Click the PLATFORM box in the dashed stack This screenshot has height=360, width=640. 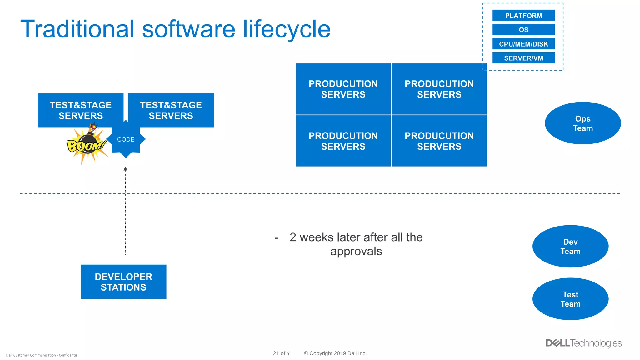click(523, 16)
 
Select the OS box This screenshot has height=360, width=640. click(523, 30)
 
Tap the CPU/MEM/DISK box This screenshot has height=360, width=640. click(523, 44)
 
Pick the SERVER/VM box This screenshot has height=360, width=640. click(523, 58)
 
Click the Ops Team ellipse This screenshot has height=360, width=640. click(582, 123)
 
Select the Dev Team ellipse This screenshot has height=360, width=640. click(570, 246)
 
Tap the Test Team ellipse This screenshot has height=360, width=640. click(570, 299)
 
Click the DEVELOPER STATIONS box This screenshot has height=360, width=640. click(123, 282)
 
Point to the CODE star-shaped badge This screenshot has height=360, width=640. click(126, 139)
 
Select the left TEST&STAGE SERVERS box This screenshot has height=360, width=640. click(81, 110)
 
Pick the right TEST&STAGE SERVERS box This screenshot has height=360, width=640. click(171, 110)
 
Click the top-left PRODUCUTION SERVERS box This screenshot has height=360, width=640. click(343, 89)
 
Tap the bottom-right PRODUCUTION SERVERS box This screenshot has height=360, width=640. click(439, 141)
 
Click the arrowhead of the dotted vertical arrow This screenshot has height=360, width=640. click(125, 169)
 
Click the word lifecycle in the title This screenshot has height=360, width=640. click(287, 29)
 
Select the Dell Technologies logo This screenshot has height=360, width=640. click(583, 343)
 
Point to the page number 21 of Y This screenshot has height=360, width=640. click(282, 353)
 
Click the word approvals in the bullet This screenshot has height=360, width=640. click(356, 251)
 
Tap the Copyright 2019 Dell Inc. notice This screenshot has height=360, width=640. click(335, 353)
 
